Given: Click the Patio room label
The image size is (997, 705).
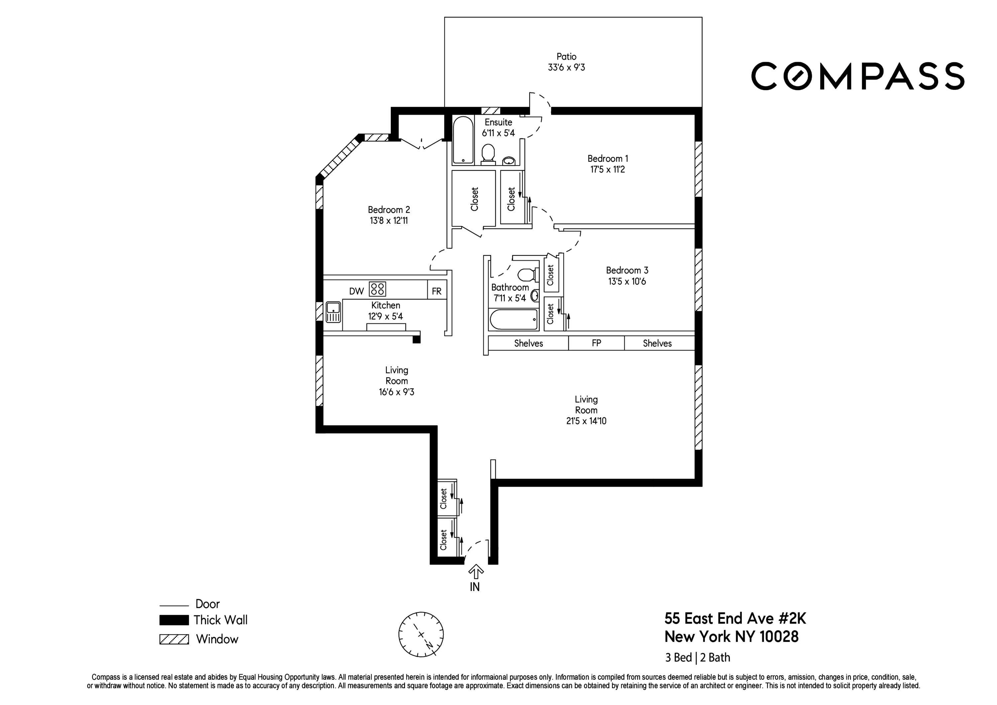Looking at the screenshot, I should [566, 57].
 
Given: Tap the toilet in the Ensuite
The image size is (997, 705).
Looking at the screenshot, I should [489, 154].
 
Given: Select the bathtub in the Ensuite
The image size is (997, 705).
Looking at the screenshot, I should [463, 140].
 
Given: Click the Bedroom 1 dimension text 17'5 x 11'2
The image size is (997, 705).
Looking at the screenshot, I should [607, 170].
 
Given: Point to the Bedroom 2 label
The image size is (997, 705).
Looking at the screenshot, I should [388, 210].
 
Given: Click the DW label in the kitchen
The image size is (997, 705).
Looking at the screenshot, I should [356, 291].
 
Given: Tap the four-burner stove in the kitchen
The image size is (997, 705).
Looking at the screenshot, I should [377, 289].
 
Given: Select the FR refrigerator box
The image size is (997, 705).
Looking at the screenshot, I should [436, 291].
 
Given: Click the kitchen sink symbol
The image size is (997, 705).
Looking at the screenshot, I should [333, 312].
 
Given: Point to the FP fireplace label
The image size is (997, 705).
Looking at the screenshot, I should [596, 343].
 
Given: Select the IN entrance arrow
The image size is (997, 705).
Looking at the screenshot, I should [476, 572].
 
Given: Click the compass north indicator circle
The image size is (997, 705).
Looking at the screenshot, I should [421, 634].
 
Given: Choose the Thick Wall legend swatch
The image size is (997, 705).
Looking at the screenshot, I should [174, 620].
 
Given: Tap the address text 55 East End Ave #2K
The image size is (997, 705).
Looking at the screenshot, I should [735, 618].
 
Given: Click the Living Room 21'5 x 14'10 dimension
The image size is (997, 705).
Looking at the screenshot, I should [586, 421].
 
